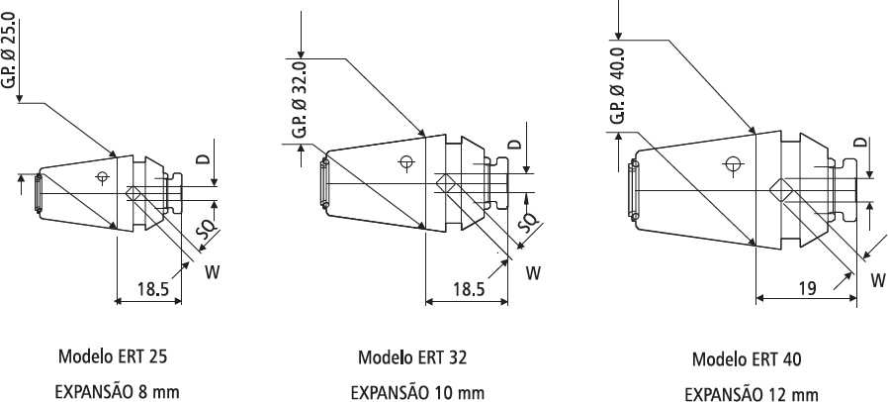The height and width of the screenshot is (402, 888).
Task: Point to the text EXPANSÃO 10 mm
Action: point(418,392)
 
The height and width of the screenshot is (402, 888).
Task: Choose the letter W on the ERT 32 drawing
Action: point(532,270)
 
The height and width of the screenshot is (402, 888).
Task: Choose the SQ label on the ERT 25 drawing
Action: point(207,231)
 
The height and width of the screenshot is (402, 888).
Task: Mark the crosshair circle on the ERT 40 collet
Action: point(732,163)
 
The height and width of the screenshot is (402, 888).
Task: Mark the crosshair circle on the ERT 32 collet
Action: point(405,162)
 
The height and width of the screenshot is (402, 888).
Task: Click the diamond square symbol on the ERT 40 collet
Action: point(780,188)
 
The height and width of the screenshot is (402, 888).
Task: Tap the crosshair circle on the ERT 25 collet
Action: point(101,177)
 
